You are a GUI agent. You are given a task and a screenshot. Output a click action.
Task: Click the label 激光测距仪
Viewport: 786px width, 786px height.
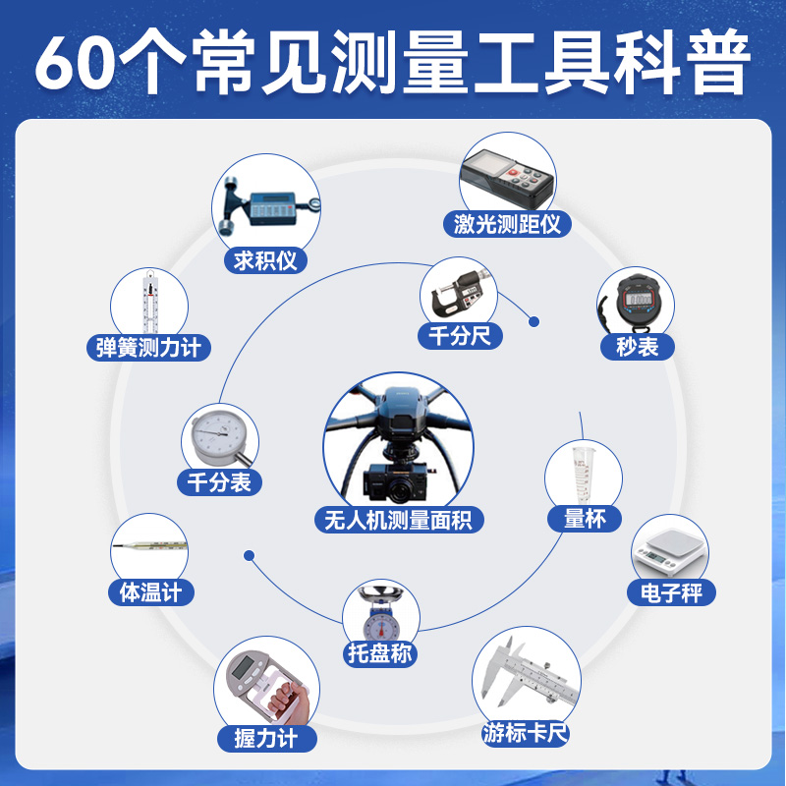pyautogui.click(x=507, y=224)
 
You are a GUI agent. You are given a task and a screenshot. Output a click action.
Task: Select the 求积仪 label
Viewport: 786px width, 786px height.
pyautogui.click(x=265, y=260)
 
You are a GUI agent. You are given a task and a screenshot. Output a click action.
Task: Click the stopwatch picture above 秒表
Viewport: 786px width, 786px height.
pyautogui.click(x=638, y=300)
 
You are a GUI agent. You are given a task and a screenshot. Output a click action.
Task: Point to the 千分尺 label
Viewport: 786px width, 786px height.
pyautogui.click(x=460, y=335)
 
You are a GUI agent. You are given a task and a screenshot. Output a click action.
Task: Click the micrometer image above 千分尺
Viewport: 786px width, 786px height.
pyautogui.click(x=459, y=290)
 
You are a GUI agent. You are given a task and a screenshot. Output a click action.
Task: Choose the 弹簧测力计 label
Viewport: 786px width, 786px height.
pyautogui.click(x=149, y=347)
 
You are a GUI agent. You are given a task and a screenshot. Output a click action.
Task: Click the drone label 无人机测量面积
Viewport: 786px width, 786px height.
pyautogui.click(x=398, y=519)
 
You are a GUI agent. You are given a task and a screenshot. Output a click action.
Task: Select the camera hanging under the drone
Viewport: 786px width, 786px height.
pyautogui.click(x=396, y=481)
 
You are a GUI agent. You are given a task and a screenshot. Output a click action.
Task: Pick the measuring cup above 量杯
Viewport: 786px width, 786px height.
pyautogui.click(x=584, y=474)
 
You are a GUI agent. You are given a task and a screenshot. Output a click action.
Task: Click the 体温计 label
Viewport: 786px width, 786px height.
pyautogui.click(x=150, y=592)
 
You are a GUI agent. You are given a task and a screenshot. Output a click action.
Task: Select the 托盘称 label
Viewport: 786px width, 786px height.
pyautogui.click(x=380, y=652)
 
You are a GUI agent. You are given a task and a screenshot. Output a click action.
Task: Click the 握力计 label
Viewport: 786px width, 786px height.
pyautogui.click(x=267, y=739)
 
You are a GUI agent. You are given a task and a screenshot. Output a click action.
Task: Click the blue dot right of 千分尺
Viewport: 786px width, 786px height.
pyautogui.click(x=534, y=321)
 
